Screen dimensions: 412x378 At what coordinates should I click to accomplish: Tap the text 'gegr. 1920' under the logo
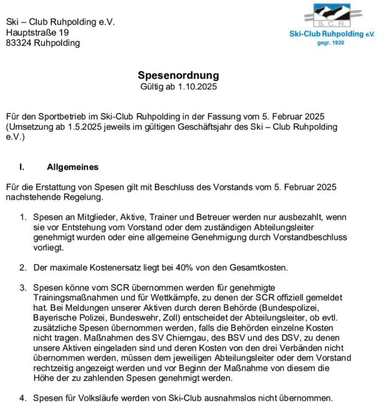[330, 43]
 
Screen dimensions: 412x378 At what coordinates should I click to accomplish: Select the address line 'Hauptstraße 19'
[37, 32]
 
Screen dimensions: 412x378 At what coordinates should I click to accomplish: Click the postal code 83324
[19, 43]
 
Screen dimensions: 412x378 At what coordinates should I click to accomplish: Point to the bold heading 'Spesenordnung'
[178, 75]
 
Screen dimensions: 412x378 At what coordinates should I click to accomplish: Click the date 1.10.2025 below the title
[197, 86]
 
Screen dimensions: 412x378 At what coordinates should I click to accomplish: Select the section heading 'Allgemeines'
[72, 167]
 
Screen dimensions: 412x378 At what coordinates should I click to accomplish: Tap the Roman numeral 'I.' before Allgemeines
[22, 167]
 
